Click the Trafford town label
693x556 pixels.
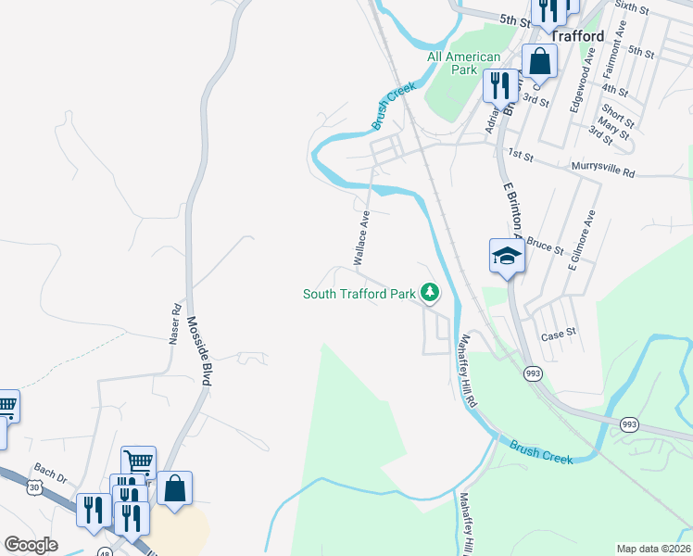579,36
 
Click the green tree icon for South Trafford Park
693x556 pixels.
430,294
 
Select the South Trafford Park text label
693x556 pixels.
359,295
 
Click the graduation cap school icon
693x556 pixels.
507,256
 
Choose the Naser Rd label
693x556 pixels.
174,323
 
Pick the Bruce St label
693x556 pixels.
545,246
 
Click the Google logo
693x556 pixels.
31,545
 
